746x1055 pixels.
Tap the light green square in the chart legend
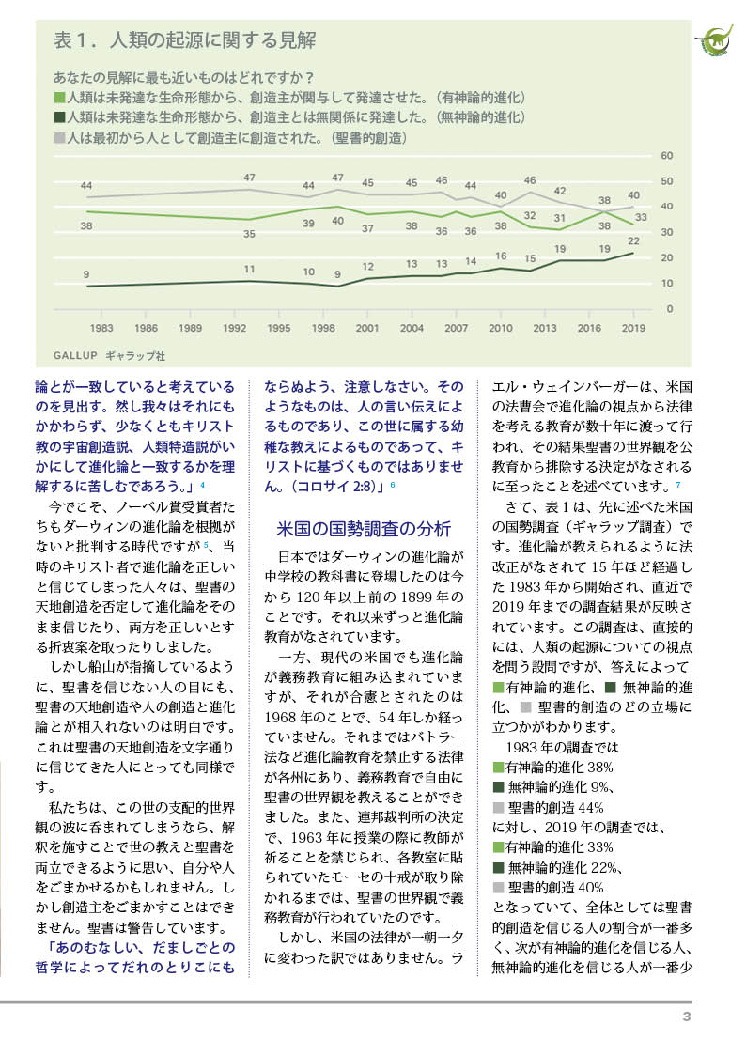coord(59,97)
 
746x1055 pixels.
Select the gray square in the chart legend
coord(59,137)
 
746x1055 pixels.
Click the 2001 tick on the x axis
coord(366,328)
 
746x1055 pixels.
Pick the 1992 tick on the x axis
coord(234,328)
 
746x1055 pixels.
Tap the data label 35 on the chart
coord(250,233)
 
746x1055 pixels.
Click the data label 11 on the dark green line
coord(250,270)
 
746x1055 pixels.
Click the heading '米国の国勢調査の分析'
coord(364,527)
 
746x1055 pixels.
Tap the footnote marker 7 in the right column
coord(677,484)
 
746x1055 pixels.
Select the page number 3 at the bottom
coord(687,1017)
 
